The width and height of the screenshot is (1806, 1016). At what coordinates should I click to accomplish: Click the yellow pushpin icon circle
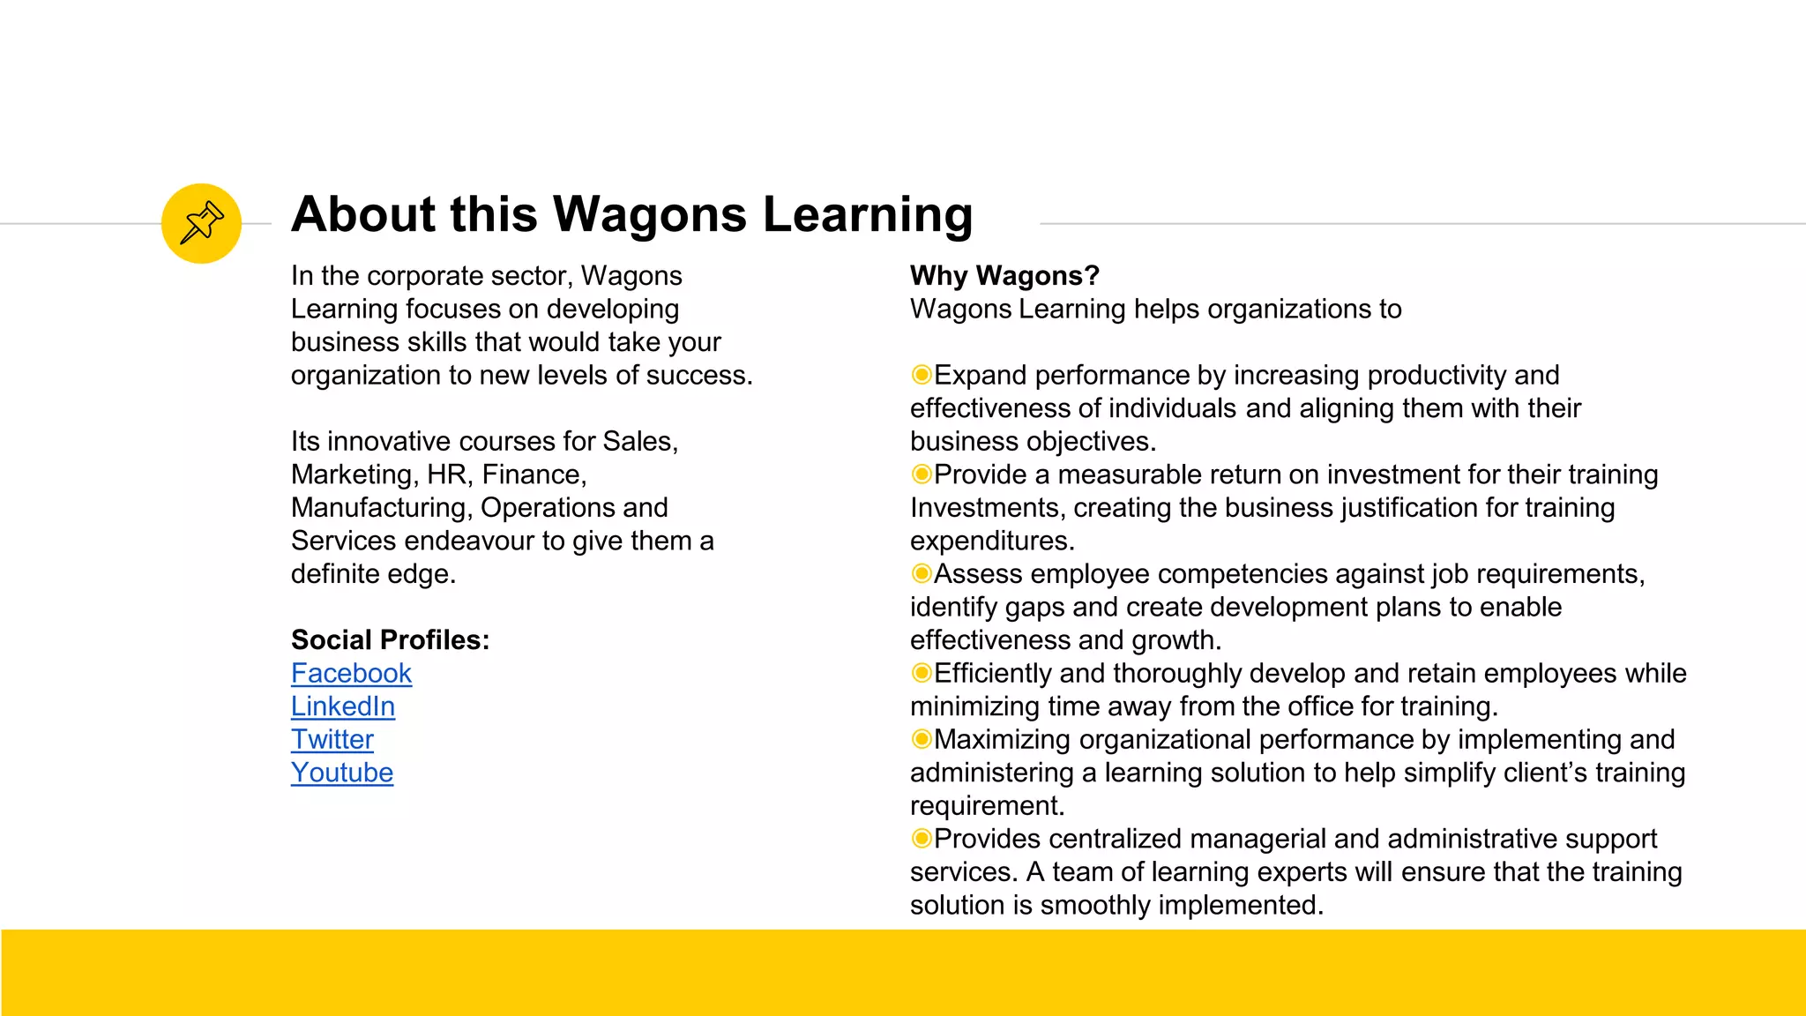click(x=201, y=223)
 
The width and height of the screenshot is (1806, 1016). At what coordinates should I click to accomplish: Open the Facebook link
click(x=351, y=674)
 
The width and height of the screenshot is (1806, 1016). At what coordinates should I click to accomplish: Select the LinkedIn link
click(x=343, y=706)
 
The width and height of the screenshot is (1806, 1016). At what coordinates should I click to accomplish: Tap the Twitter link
click(x=332, y=740)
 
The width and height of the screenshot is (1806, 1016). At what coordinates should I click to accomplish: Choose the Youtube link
click(x=342, y=773)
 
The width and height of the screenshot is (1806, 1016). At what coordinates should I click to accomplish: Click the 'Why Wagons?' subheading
click(x=1004, y=276)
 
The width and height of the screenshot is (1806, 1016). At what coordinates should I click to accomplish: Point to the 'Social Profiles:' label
click(x=390, y=640)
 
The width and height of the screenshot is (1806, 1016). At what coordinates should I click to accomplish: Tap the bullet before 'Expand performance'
click(x=922, y=376)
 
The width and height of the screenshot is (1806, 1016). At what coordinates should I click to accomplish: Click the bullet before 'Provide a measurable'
click(x=922, y=474)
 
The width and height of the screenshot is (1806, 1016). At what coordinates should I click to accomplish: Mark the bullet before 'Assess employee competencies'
click(x=922, y=574)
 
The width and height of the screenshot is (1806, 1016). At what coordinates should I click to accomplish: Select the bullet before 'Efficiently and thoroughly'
click(x=922, y=674)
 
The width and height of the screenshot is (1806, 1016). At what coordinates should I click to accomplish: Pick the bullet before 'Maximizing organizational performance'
click(x=922, y=739)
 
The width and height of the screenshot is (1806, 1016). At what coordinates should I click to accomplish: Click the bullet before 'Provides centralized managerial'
click(x=922, y=839)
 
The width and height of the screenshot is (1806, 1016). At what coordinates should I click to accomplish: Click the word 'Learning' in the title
click(x=868, y=215)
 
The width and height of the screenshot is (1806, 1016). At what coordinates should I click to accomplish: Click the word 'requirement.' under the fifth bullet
click(x=987, y=806)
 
